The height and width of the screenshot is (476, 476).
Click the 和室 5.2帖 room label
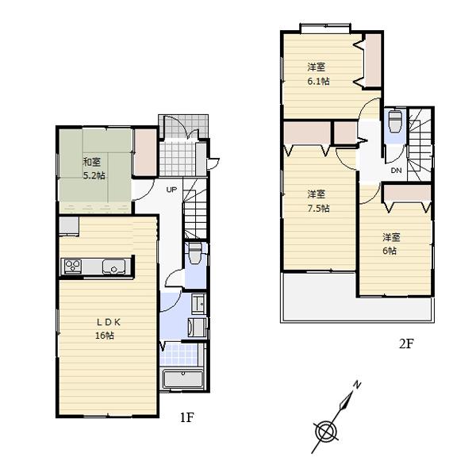click(94, 168)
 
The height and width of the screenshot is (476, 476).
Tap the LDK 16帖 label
click(105, 328)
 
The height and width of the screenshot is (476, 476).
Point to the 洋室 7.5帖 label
click(317, 201)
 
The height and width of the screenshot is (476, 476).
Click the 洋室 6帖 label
click(390, 244)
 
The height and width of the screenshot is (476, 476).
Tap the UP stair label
click(171, 189)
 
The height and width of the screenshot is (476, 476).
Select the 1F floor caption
click(186, 418)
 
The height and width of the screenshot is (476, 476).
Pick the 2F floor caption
click(407, 344)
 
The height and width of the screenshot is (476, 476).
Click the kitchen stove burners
click(73, 267)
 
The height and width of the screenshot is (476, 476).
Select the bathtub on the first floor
click(183, 378)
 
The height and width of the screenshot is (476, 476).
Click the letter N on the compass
click(358, 385)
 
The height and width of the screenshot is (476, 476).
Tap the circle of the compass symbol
click(325, 432)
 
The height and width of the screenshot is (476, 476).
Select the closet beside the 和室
click(144, 151)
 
